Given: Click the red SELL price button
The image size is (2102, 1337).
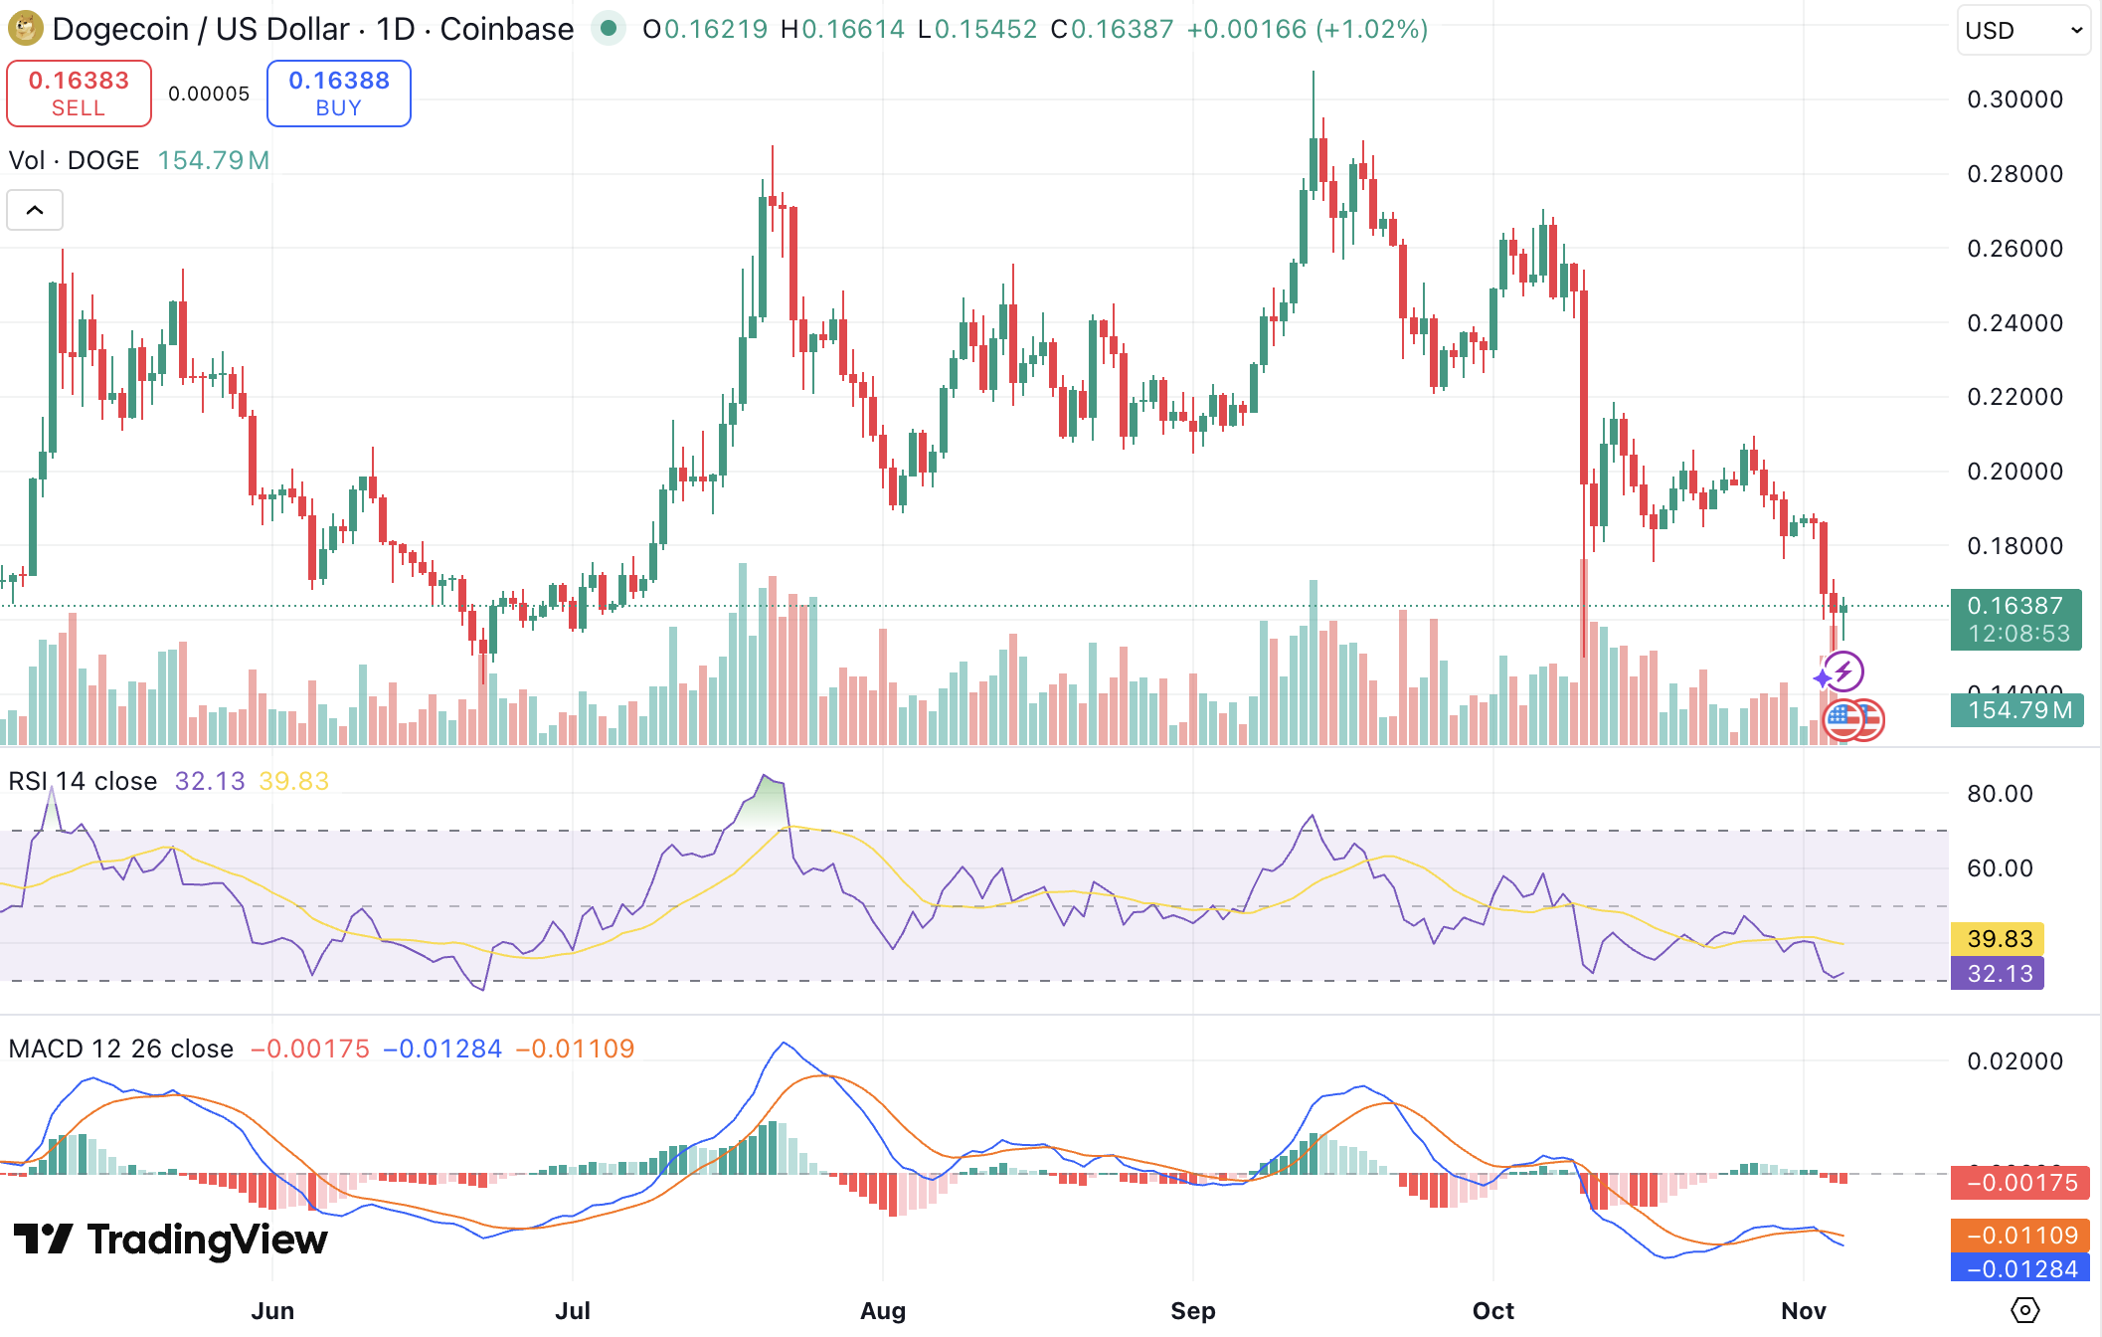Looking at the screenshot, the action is click(x=79, y=94).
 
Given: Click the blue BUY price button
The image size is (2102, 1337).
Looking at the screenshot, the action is click(x=338, y=94).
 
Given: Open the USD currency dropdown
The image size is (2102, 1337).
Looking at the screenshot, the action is click(x=2023, y=30).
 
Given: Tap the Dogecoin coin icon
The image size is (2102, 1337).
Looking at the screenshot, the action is click(x=25, y=28).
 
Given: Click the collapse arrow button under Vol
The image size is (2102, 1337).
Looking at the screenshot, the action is click(x=35, y=210).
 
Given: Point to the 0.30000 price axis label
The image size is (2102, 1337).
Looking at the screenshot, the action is click(x=2014, y=99).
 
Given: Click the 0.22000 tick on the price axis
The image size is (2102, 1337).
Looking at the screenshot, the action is click(x=2014, y=397).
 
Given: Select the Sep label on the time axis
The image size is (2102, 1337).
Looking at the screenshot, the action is click(x=1192, y=1310).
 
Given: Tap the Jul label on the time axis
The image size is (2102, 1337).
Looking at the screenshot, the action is click(x=573, y=1310).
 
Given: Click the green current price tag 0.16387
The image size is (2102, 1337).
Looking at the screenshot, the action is click(x=2015, y=619).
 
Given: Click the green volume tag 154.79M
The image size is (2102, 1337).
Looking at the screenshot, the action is click(x=2015, y=710).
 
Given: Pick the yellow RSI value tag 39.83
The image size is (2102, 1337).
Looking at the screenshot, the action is click(x=1998, y=938).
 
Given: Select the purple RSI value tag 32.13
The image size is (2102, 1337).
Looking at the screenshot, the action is click(x=1998, y=973).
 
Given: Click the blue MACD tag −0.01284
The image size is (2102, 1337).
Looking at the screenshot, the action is click(x=2020, y=1268).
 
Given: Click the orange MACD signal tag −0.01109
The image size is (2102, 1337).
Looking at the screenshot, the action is click(x=2020, y=1235).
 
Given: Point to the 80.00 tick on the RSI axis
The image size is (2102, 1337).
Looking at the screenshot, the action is click(x=2000, y=794).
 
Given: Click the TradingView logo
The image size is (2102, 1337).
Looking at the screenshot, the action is click(x=170, y=1240).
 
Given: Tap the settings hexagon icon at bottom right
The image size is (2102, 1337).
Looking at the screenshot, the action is click(x=2024, y=1310).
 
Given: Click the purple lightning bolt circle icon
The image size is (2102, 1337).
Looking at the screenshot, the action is click(x=1842, y=671).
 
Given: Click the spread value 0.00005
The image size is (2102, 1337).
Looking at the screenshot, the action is click(x=209, y=94).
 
